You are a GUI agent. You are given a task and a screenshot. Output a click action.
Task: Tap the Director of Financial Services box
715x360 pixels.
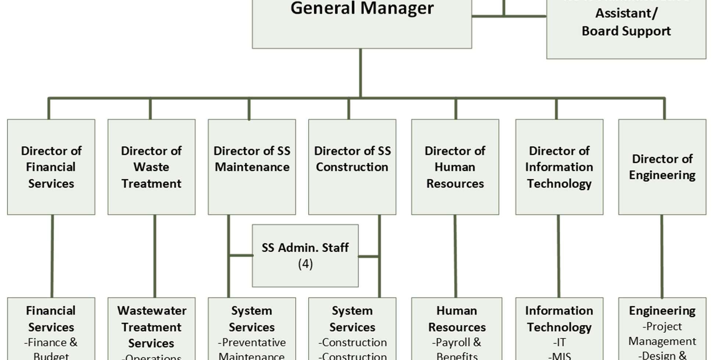pos(51,167)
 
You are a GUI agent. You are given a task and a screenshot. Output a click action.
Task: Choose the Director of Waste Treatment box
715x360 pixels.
pos(151,167)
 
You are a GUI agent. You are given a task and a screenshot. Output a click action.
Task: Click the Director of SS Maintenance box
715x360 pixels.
pos(252,167)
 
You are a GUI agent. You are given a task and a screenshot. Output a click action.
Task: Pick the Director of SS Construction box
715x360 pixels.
pos(352,167)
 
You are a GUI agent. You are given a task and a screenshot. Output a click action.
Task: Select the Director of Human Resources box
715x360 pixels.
pos(455,167)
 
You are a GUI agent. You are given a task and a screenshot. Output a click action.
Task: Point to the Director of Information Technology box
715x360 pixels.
pos(559,167)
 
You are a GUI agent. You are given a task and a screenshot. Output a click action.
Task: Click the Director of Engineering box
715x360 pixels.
pos(662,167)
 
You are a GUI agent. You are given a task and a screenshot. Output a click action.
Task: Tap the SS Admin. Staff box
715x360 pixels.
pos(305,255)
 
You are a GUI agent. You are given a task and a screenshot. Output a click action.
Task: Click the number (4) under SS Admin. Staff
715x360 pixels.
pos(305,264)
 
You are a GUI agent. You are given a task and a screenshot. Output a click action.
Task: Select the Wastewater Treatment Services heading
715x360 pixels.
pos(151,327)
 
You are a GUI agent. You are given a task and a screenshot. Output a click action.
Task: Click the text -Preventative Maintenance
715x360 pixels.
pos(252,349)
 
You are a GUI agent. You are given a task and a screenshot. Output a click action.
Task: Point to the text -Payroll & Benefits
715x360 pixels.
pos(456,349)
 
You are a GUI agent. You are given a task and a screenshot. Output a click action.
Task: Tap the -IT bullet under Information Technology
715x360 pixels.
pos(559,342)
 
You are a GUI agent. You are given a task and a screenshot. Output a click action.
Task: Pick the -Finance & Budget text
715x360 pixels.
pos(51,349)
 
